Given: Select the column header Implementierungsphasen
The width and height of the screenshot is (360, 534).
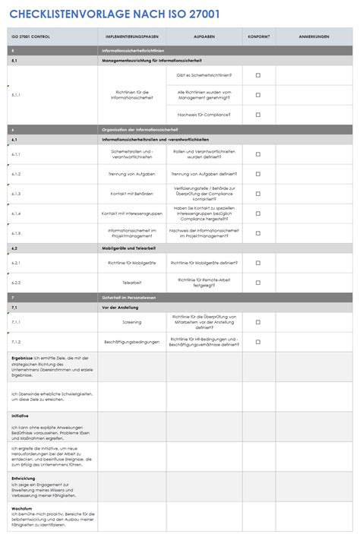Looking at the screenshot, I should pos(132,36).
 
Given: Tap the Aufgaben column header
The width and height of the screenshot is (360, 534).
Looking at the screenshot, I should pos(204,36).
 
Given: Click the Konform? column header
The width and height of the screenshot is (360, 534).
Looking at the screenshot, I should pos(257,36).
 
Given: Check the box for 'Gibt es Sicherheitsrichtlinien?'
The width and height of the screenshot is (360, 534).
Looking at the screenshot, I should pos(257,75).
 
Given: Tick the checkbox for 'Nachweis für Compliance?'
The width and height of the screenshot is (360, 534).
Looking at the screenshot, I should pos(257,115).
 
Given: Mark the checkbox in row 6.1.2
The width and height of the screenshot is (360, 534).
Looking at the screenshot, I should pos(257,174).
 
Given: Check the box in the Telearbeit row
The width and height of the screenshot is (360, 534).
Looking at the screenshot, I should pos(257,282).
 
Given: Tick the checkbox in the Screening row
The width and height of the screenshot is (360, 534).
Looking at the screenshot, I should pos(257,321).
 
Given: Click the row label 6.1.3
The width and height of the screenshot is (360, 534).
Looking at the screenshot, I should pos(16,194).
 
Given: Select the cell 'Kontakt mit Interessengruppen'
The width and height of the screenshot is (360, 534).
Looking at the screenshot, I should pos(132,213).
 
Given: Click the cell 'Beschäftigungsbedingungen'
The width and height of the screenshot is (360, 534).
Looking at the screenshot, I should pos(132,342).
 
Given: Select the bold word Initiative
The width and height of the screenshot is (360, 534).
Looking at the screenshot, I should pos(21,416).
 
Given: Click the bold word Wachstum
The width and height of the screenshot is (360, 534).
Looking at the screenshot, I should pos(21,507).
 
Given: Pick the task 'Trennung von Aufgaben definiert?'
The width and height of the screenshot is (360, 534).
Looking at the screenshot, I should pos(204,174).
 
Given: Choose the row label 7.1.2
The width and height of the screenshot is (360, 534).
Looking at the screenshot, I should pos(16,342).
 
